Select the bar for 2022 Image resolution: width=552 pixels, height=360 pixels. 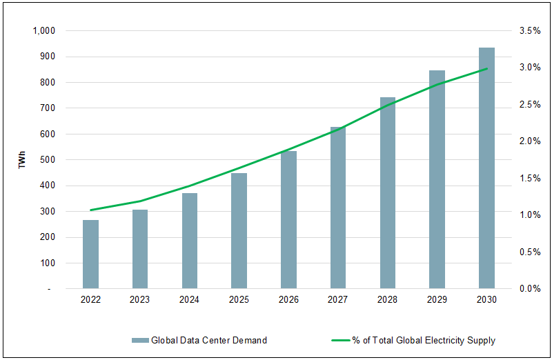point(90,254)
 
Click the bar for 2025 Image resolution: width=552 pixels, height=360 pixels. point(239,230)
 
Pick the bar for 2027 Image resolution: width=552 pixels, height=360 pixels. point(338,207)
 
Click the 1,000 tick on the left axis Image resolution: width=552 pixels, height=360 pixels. point(43,31)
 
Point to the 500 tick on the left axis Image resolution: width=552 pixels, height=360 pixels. point(48,160)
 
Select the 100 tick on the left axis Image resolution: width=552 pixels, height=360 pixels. point(48,263)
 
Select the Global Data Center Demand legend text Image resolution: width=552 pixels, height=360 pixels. point(209,340)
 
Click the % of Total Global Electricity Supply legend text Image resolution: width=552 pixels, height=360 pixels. point(424,340)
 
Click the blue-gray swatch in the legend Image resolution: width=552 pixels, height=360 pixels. point(139,340)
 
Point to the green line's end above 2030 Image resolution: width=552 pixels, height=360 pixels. point(486,69)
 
